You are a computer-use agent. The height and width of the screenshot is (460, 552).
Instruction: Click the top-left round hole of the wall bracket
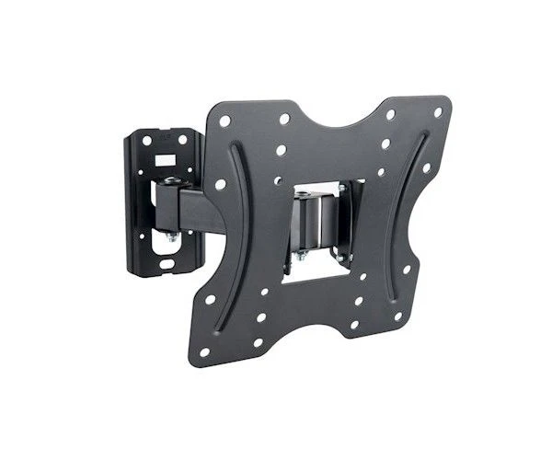[x=145, y=140]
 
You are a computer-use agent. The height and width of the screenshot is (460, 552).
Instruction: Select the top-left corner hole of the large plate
[x=224, y=121]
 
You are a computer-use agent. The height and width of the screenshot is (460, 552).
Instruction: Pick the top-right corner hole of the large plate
[x=438, y=112]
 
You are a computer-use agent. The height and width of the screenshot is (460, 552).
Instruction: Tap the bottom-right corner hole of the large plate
[x=398, y=317]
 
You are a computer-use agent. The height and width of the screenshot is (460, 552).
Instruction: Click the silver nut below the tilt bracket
[x=300, y=256]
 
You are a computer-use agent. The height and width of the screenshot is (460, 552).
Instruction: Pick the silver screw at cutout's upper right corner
[x=341, y=189]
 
